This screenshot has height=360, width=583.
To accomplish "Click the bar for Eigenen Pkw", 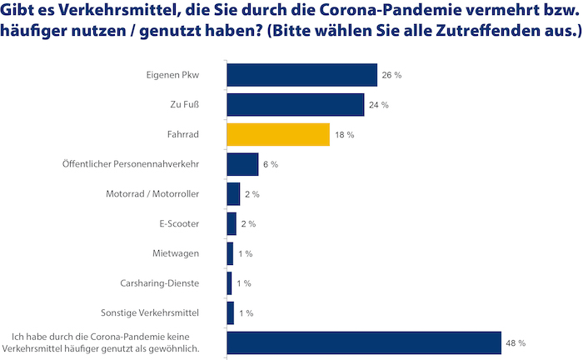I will (x=301, y=75).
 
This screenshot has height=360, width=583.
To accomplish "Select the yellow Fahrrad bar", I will (x=278, y=134).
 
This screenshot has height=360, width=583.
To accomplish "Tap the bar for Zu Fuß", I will (x=295, y=105).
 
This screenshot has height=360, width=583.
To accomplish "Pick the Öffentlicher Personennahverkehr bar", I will (x=242, y=164).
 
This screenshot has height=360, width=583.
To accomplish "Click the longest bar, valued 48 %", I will (x=363, y=342).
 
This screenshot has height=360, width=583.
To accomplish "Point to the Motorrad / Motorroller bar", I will (x=233, y=194).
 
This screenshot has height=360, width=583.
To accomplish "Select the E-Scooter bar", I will (x=232, y=224).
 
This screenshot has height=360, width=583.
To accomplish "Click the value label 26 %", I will (x=392, y=75).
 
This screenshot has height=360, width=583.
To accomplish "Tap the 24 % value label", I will (x=379, y=105).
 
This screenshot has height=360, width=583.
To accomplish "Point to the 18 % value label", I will (x=345, y=135).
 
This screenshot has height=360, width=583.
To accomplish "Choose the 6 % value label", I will (x=270, y=165).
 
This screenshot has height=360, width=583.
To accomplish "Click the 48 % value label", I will (x=516, y=342).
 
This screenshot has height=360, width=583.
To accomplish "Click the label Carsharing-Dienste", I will (x=160, y=283).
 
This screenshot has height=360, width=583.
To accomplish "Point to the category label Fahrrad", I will (x=183, y=135).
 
